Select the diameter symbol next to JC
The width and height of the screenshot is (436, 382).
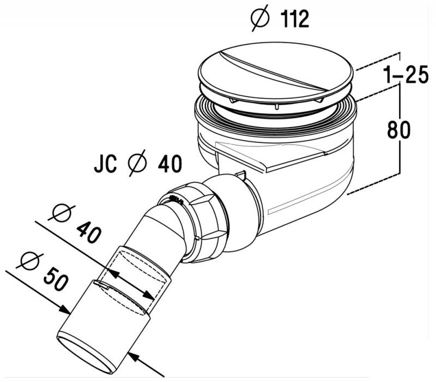135,164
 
